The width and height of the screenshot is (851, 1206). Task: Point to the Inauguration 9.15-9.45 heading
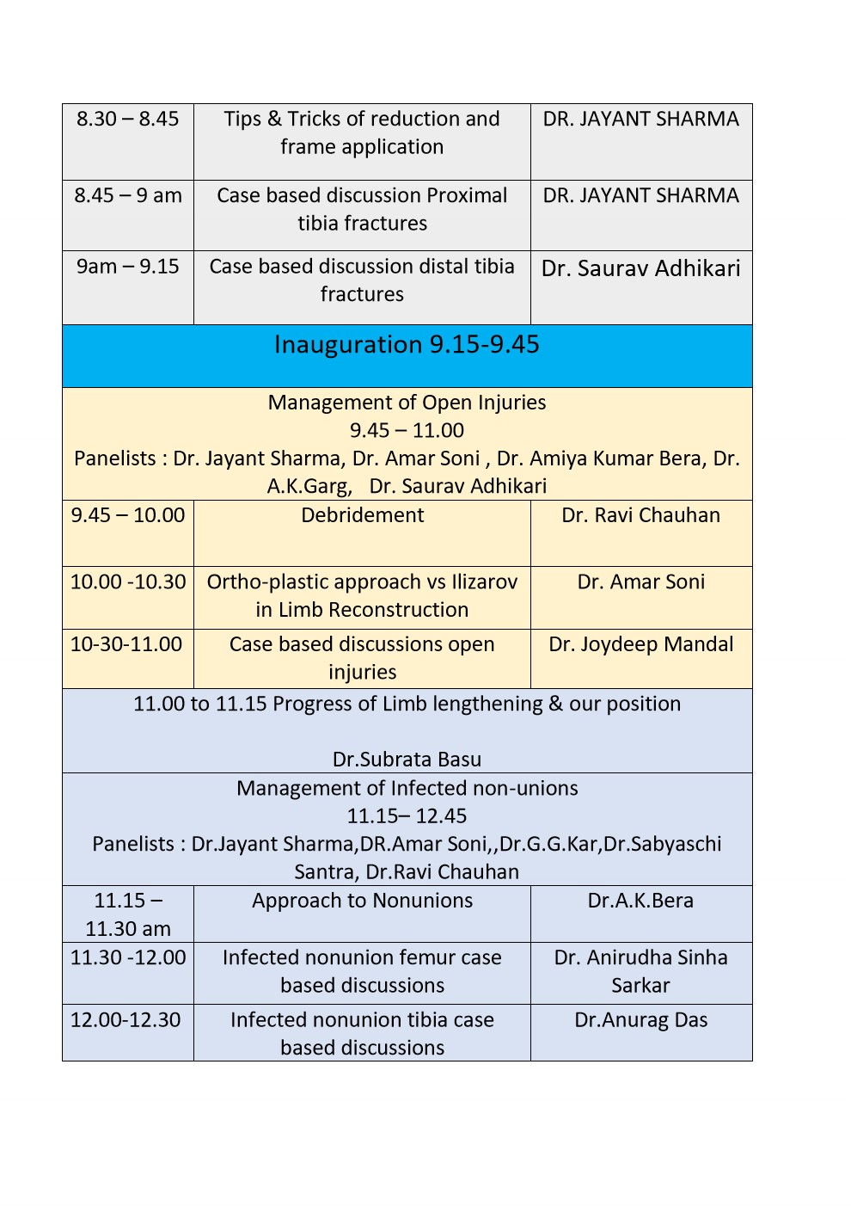pos(407,345)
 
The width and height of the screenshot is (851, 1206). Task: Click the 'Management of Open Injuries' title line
pos(407,403)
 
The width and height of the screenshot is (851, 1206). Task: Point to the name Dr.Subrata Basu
pos(407,760)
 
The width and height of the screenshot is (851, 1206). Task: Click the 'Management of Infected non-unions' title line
pos(407,788)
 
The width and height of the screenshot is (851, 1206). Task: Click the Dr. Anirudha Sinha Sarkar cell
pos(640,971)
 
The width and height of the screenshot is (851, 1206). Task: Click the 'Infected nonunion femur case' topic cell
pos(362,971)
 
